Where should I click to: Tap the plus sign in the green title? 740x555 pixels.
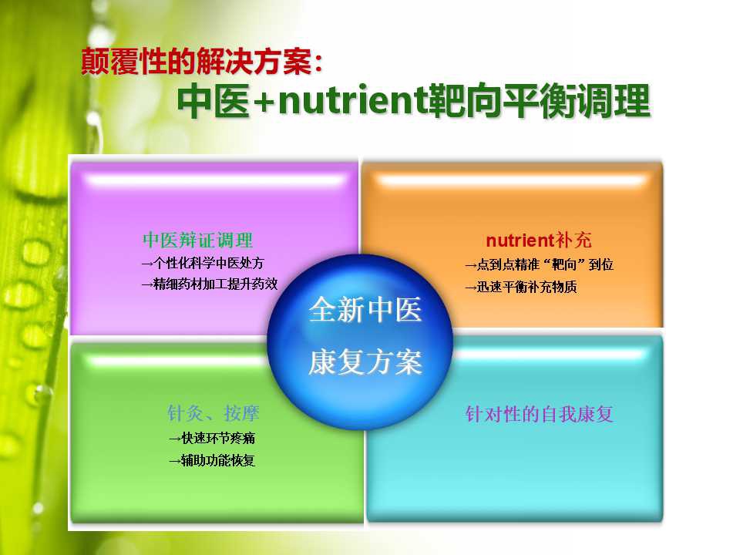264,103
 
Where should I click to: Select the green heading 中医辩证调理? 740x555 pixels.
198,240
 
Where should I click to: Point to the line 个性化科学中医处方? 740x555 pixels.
203,263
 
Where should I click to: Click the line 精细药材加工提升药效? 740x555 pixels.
210,284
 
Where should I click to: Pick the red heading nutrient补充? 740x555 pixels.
539,240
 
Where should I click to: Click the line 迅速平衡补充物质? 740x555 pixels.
520,287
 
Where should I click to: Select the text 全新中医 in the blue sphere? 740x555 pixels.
365,310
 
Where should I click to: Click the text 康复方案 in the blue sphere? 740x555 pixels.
365,362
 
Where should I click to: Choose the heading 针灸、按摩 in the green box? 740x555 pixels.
214,413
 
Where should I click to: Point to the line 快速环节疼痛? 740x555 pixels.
213,439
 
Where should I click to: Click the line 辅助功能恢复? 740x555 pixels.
213,460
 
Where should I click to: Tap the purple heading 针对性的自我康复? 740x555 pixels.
539,414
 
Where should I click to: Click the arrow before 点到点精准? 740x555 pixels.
470,265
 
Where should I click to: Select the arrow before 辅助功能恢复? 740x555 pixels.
175,461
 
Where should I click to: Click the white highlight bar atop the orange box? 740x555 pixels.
512,180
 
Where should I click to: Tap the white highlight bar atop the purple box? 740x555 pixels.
215,180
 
